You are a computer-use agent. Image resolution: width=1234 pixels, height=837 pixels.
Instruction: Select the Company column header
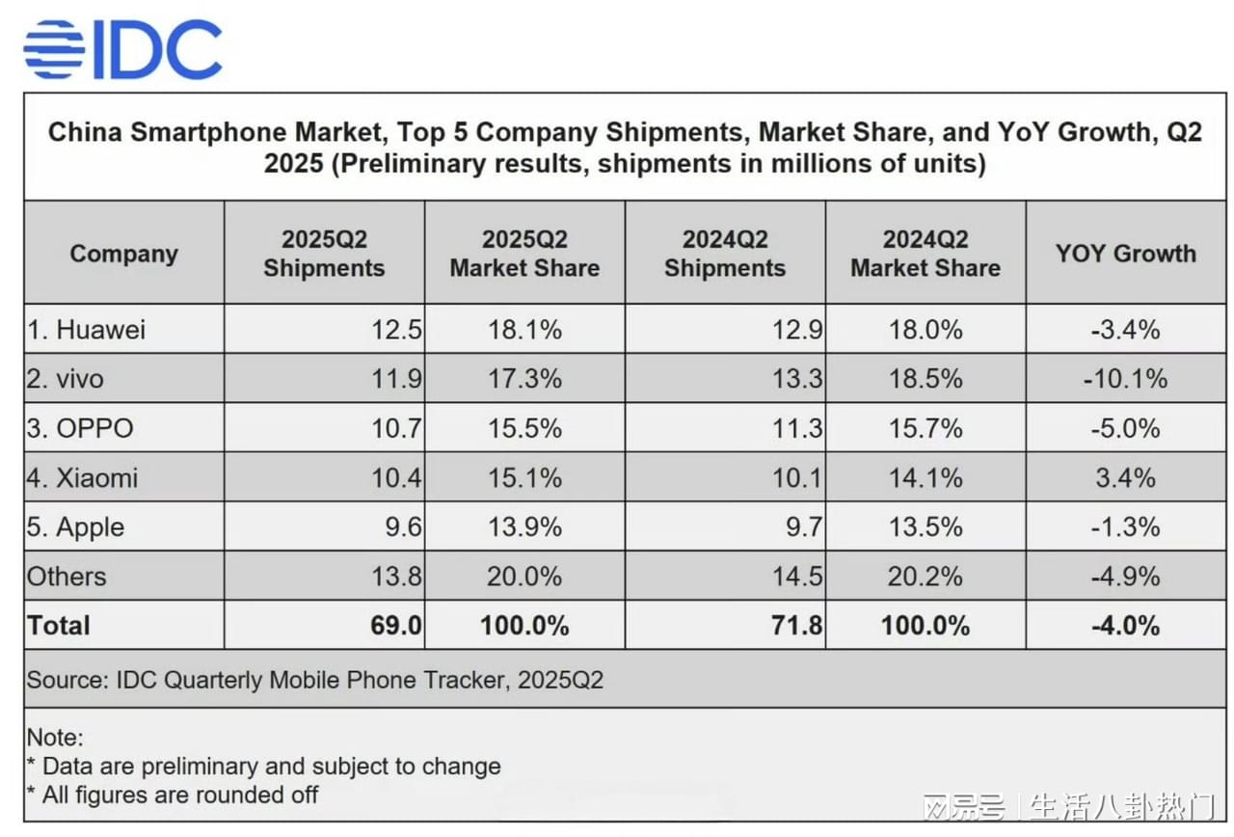(123, 254)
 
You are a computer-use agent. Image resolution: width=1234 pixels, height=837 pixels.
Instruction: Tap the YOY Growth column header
(1125, 254)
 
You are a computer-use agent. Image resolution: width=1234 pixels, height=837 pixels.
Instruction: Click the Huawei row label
(87, 330)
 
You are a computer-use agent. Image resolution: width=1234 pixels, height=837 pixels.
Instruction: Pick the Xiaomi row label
(83, 477)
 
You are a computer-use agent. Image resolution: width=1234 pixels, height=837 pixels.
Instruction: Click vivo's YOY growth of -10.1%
(1125, 379)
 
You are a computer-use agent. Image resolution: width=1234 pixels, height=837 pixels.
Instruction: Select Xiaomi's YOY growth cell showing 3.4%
(1125, 477)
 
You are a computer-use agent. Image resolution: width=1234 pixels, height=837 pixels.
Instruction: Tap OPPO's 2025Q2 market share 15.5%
(524, 428)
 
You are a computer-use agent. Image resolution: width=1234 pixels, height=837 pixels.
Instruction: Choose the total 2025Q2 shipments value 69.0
(396, 626)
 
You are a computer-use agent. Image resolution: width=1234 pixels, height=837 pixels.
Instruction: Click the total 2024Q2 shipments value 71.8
(797, 626)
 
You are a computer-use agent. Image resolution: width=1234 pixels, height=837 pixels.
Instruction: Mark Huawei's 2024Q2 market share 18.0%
(925, 330)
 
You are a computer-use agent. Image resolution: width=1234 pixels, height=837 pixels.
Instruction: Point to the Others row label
(67, 577)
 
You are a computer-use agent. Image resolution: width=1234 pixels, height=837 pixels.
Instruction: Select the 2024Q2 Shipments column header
(725, 254)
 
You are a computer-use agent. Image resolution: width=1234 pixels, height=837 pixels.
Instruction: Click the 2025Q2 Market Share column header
(524, 254)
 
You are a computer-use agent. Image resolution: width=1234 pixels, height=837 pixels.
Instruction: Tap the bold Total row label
(59, 626)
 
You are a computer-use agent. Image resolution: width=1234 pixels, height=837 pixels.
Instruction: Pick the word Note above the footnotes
(54, 738)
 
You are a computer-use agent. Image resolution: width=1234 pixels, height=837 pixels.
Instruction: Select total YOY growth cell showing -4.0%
(1125, 626)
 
